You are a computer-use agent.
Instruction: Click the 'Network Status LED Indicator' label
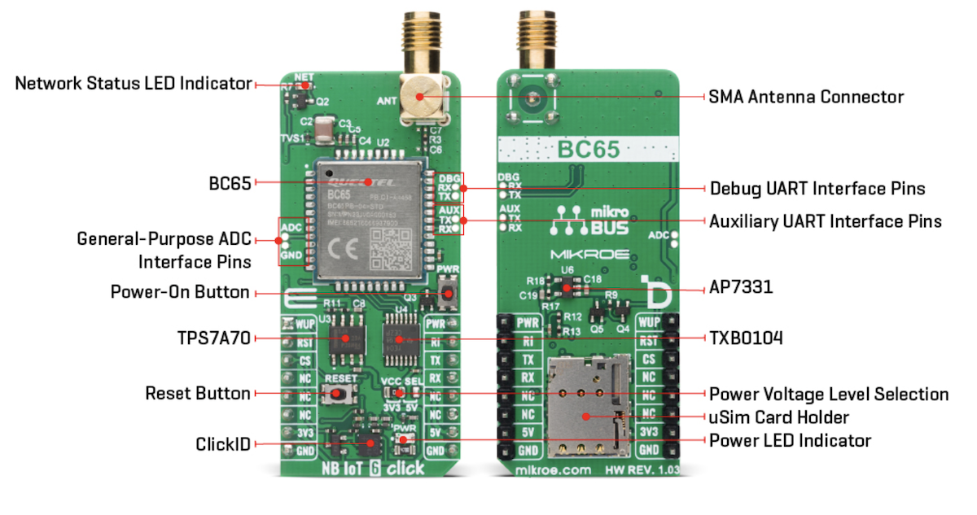point(134,83)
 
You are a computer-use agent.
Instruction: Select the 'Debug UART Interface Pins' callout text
point(817,189)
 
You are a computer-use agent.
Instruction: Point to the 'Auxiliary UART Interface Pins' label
point(826,221)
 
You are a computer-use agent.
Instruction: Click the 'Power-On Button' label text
point(180,292)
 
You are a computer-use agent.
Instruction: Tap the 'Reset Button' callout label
point(198,394)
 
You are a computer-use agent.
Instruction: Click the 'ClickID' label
point(222,443)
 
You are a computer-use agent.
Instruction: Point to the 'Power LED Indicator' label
point(790,441)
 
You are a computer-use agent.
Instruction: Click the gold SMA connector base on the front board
point(420,98)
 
